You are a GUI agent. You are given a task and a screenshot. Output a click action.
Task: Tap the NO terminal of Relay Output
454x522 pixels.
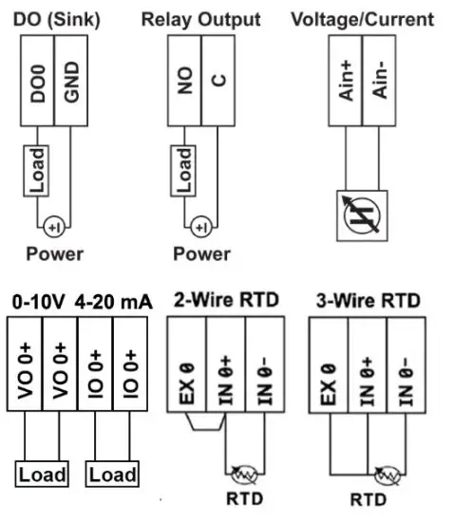(x=184, y=84)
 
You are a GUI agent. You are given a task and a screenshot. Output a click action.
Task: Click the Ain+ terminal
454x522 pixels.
(x=348, y=84)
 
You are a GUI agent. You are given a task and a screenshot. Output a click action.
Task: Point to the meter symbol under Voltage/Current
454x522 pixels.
(x=362, y=216)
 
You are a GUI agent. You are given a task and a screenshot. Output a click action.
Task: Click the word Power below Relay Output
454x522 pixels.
(x=201, y=254)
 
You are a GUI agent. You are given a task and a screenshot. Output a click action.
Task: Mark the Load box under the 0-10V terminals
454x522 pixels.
(x=43, y=474)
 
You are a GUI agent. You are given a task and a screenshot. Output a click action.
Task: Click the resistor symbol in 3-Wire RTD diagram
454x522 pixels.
(x=387, y=472)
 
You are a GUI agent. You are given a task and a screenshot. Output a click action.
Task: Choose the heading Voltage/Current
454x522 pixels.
(x=362, y=19)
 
